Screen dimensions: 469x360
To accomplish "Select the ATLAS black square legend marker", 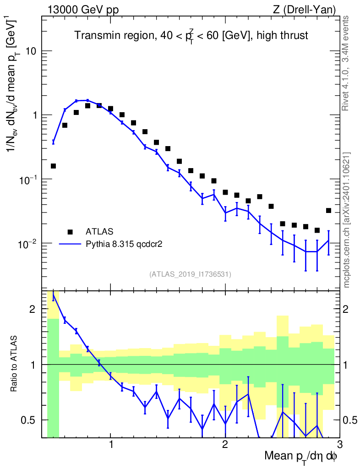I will point(70,231).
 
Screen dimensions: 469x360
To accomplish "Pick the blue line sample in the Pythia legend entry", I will point(70,245).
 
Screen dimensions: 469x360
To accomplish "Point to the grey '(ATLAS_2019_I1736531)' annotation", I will point(190,274).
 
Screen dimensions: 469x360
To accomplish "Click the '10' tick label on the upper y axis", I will point(31,51).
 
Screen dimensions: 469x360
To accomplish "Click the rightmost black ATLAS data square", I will point(328,211).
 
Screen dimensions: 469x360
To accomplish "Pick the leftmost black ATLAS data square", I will point(53,166).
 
